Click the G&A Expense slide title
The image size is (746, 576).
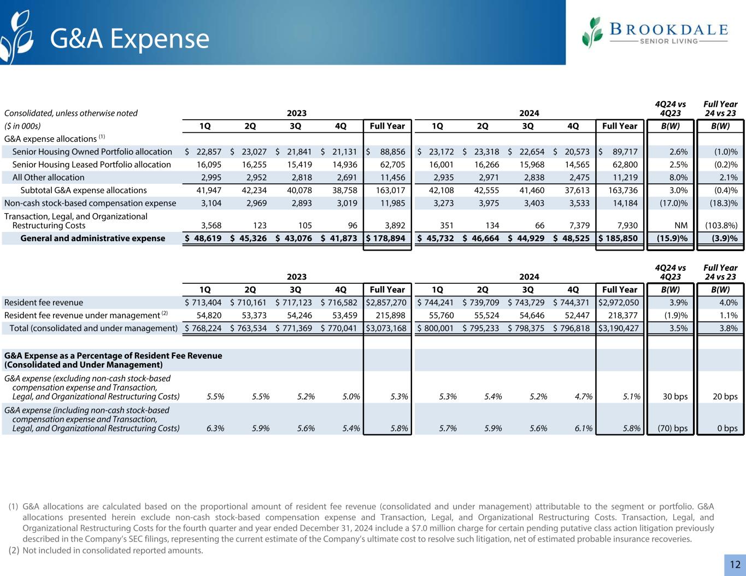pos(130,38)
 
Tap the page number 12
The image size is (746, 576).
pos(735,565)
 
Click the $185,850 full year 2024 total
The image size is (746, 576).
pos(619,238)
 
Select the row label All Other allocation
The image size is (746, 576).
pos(48,177)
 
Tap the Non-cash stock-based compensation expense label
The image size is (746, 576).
pos(90,203)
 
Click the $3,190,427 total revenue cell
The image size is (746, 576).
pos(619,328)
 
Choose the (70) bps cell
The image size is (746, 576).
pos(671,428)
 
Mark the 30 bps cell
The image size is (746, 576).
pos(675,397)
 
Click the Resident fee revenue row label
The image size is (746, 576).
pos(44,302)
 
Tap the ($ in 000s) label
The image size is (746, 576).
pos(22,126)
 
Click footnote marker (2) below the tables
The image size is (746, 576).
pos(14,550)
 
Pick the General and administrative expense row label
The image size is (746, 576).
pos(92,238)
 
